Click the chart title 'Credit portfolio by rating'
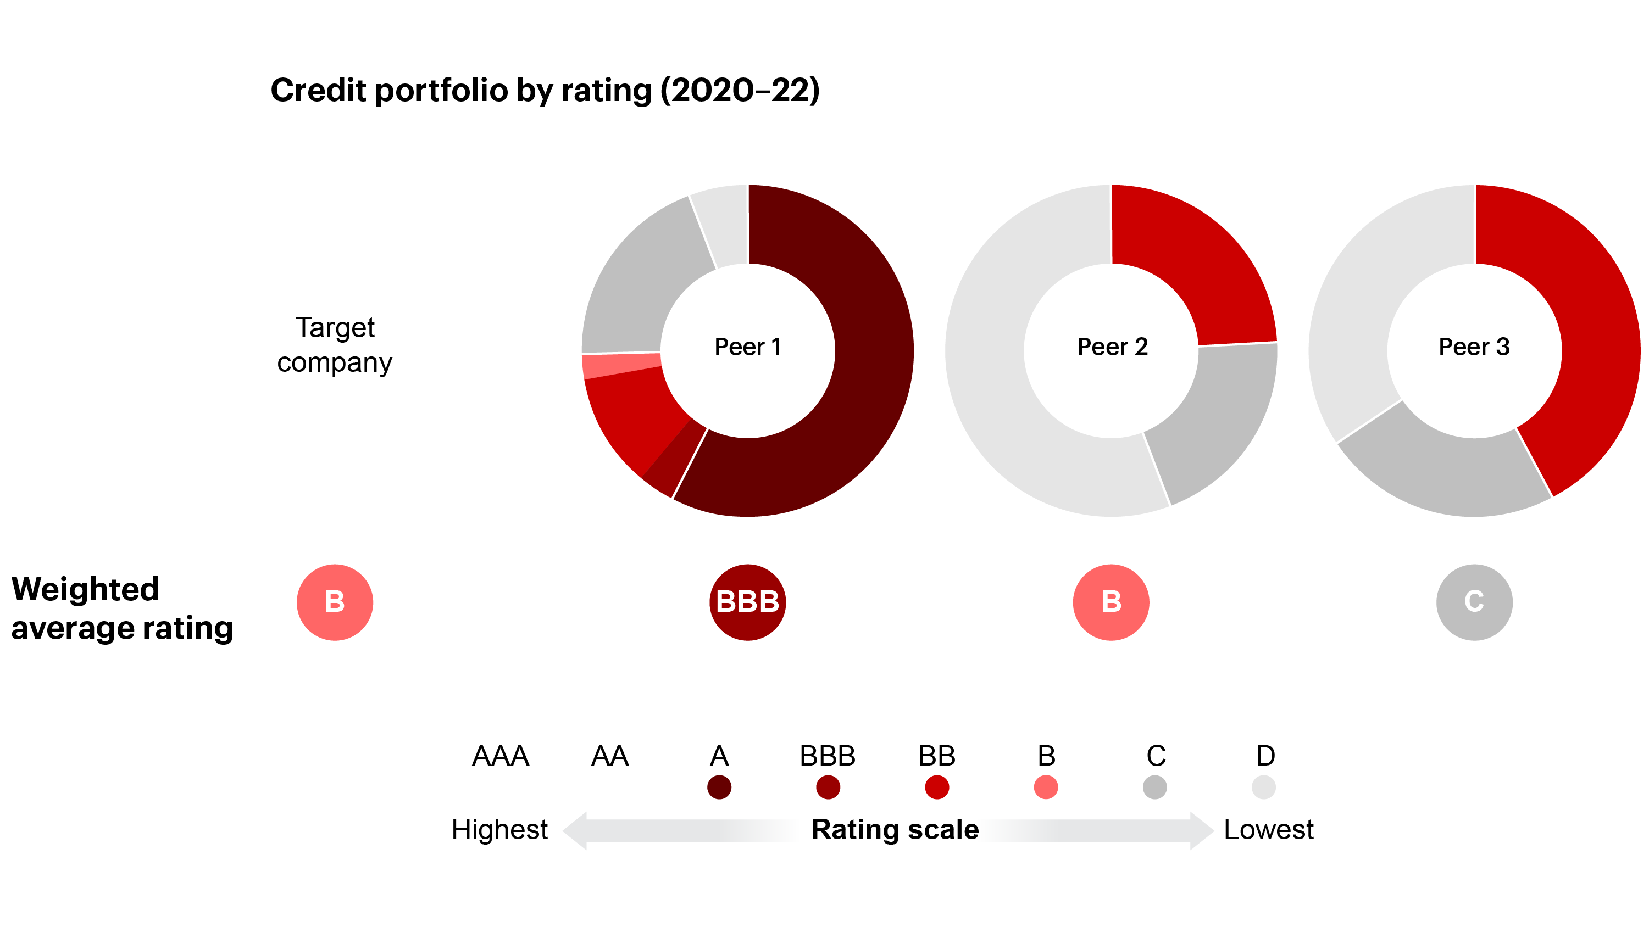544,90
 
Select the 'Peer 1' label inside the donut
747,347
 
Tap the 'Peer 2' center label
1112,347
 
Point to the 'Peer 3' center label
1474,347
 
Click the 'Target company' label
334,345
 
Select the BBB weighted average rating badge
747,602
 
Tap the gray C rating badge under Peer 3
1474,602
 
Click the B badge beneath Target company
334,602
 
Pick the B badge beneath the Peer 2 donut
1111,602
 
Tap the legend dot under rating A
719,787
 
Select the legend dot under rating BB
936,787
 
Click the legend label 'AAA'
500,756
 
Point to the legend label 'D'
1265,756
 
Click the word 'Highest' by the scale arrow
499,830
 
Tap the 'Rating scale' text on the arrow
895,830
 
